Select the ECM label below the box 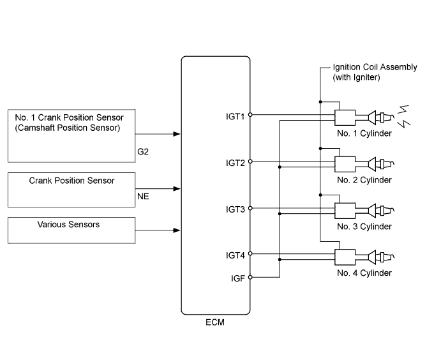click(216, 323)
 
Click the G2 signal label click(143, 153)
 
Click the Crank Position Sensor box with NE click(72, 188)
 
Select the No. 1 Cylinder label click(366, 133)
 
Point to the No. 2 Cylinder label click(366, 180)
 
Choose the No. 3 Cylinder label click(366, 227)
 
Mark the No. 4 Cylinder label click(366, 273)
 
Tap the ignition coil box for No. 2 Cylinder click(345, 163)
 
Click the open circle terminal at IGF click(250, 278)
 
